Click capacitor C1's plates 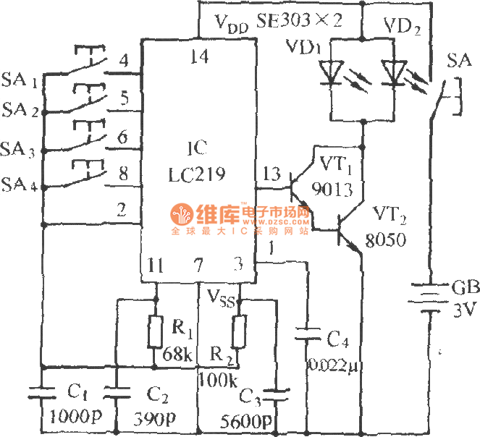(41, 392)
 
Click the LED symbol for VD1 (332, 71)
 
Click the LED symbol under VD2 (394, 71)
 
